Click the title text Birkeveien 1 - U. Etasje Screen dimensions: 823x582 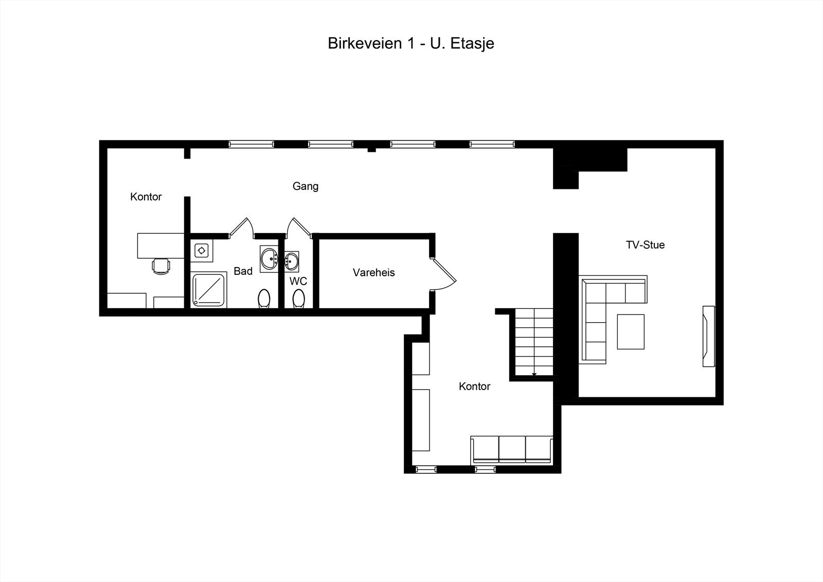(411, 43)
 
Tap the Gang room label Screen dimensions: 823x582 (306, 186)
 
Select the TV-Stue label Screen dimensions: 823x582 (645, 245)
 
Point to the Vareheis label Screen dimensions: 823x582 (373, 272)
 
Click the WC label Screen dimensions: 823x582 (298, 281)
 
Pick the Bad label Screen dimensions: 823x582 (243, 271)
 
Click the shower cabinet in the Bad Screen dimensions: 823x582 (209, 290)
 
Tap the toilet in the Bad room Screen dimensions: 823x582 (264, 298)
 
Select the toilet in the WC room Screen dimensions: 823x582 (299, 298)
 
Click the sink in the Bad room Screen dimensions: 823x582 (269, 259)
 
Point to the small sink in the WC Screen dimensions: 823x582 (292, 261)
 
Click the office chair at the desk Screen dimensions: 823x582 (161, 266)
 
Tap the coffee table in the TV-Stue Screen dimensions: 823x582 (631, 331)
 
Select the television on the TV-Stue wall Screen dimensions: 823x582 (709, 336)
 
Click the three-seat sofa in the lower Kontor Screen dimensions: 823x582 (512, 450)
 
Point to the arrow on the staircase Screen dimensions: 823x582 (534, 374)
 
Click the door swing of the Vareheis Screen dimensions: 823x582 (444, 274)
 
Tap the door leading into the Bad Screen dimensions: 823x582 (241, 228)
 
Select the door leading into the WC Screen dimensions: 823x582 (299, 227)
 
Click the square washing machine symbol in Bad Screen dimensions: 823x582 (201, 251)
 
